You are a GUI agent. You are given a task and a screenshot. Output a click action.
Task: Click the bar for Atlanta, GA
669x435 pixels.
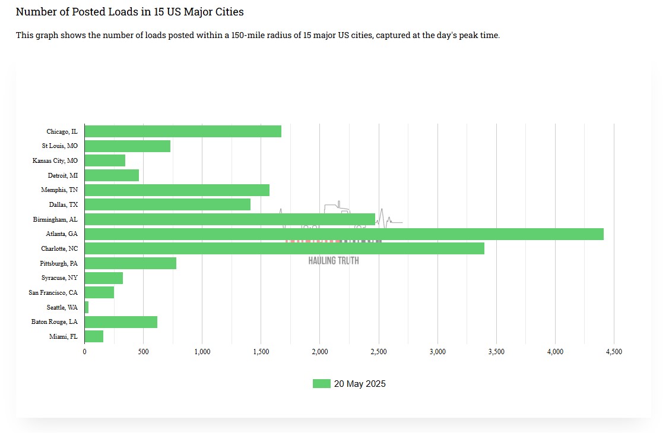pos(344,234)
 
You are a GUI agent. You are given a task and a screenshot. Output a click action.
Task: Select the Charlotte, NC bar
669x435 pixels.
pos(284,248)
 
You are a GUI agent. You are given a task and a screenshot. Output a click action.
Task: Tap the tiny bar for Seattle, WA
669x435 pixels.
pos(87,307)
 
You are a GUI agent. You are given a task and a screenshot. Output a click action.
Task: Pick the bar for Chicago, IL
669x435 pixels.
pos(183,131)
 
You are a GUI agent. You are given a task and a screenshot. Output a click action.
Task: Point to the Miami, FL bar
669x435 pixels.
pos(94,336)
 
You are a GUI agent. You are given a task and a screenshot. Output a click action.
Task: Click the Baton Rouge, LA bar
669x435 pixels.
pos(121,322)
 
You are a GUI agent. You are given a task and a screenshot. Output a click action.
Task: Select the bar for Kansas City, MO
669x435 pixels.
pos(105,160)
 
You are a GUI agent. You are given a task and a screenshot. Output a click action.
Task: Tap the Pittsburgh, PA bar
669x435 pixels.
pos(131,263)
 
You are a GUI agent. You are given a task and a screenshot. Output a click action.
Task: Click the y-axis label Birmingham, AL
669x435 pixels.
pos(55,219)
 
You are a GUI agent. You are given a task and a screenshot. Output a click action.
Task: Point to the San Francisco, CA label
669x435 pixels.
pos(53,292)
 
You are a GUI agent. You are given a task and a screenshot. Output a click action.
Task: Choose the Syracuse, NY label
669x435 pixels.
pos(59,278)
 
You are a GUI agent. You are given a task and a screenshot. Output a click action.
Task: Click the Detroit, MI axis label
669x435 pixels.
pos(62,175)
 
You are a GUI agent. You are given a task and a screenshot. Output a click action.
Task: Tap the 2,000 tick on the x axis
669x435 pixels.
pos(319,352)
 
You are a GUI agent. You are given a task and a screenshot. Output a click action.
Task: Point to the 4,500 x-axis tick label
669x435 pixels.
pos(614,352)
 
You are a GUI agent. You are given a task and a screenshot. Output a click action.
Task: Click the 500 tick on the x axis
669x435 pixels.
pos(143,352)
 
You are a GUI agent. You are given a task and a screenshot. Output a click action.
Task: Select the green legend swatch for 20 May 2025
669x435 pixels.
pos(321,384)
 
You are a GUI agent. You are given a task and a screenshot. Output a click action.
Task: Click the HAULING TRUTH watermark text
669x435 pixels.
pos(334,260)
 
